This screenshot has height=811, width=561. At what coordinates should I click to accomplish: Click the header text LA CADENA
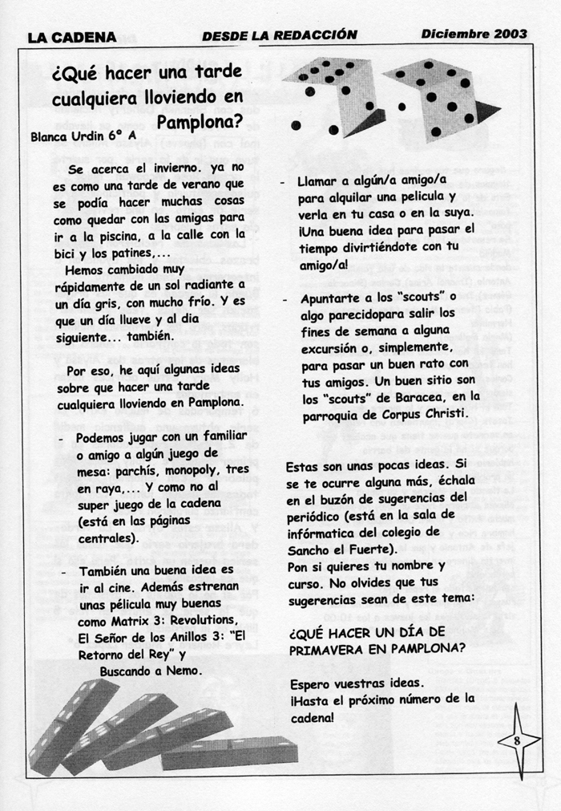72,36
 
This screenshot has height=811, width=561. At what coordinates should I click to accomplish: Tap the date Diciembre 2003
474,34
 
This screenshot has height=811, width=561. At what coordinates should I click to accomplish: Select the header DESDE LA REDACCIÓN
280,35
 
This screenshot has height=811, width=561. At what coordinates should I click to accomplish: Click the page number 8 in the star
517,740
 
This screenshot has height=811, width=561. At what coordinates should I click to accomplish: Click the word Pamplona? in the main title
200,123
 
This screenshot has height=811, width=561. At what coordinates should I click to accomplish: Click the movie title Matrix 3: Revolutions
168,622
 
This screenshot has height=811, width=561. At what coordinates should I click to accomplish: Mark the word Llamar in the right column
319,182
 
